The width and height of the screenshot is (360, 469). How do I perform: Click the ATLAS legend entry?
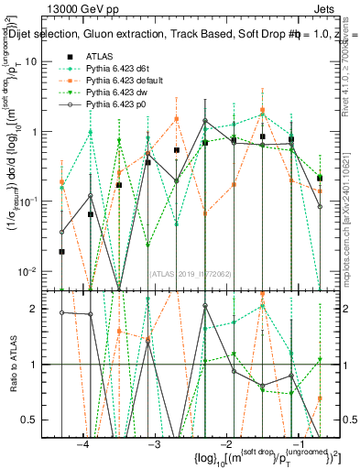pyautogui.click(x=99, y=56)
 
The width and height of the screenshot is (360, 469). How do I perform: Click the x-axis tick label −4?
pyautogui.click(x=83, y=443)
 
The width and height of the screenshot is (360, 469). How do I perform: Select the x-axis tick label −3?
pyautogui.click(x=155, y=443)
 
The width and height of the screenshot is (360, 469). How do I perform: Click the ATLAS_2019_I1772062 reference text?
pyautogui.click(x=191, y=273)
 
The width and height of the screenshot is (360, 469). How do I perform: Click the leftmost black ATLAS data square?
pyautogui.click(x=61, y=251)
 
